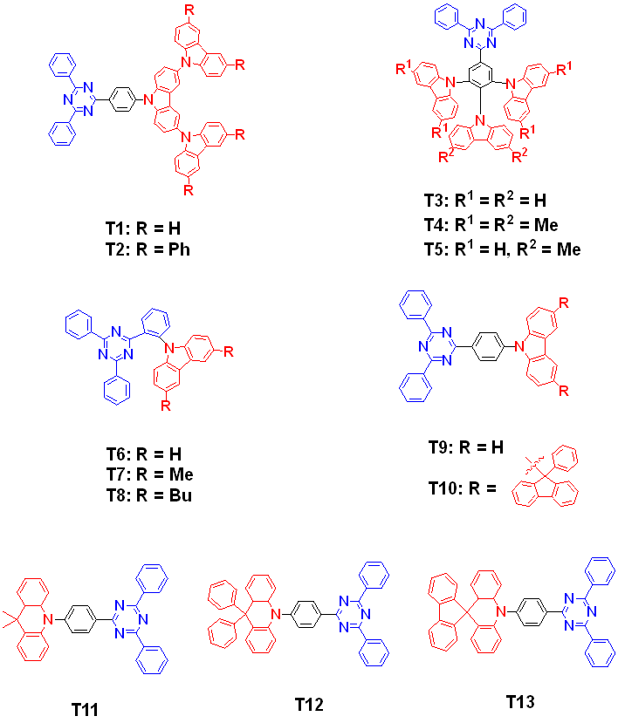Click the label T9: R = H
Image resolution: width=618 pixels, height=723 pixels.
(466, 447)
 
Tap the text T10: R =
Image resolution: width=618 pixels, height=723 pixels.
(462, 487)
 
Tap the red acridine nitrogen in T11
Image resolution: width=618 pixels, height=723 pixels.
(53, 620)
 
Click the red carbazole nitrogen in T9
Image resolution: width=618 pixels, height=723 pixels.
(518, 344)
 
